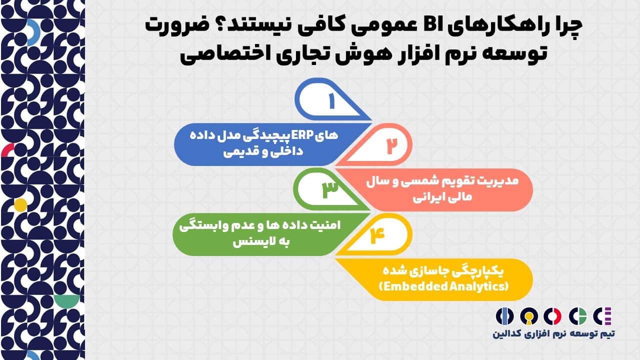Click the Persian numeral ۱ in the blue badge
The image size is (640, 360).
(331, 100)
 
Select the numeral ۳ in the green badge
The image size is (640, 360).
(330, 189)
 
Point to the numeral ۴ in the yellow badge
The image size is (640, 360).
(377, 235)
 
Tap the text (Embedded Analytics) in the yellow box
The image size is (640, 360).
(443, 286)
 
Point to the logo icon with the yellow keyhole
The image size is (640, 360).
(529, 316)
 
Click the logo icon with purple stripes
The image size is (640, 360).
(602, 316)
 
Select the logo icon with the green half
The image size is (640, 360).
(577, 316)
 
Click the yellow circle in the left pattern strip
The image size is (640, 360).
(20, 205)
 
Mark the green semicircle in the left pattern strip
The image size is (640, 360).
(67, 300)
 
